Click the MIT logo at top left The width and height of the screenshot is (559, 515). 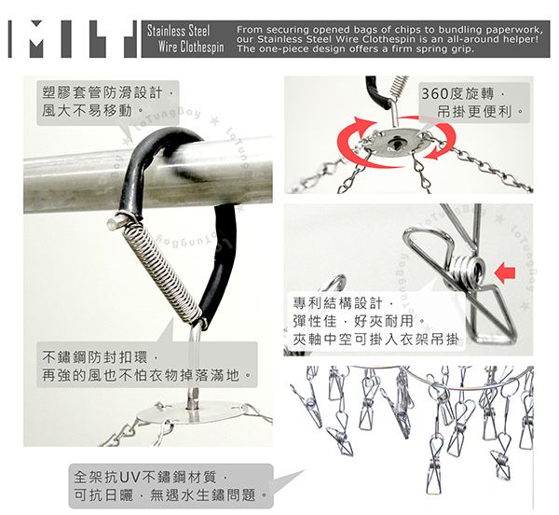click(x=73, y=39)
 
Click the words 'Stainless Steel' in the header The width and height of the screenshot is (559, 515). click(x=178, y=31)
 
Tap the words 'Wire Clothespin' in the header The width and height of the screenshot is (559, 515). click(x=191, y=47)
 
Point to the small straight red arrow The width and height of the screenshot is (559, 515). click(x=505, y=273)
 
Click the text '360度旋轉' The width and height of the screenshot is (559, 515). click(x=458, y=94)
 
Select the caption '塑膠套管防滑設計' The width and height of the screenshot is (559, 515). click(x=102, y=92)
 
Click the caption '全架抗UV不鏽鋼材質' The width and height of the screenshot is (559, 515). click(x=145, y=477)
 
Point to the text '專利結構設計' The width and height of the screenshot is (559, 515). click(x=337, y=303)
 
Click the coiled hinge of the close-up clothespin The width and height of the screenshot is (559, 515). click(x=468, y=271)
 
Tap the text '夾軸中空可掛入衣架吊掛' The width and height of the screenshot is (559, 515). click(x=375, y=340)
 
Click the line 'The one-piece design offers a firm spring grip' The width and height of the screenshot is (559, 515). click(x=356, y=49)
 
